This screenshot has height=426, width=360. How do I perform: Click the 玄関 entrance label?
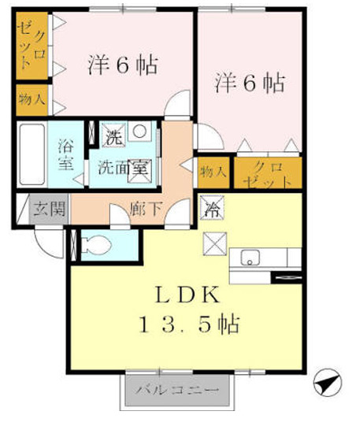(50, 209)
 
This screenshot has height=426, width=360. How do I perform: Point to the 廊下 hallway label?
(146, 209)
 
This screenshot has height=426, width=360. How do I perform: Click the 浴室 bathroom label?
(65, 154)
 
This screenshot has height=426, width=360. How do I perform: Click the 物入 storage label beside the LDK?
(213, 172)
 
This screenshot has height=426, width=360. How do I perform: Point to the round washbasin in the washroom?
(139, 132)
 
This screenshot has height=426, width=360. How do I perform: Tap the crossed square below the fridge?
(213, 244)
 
